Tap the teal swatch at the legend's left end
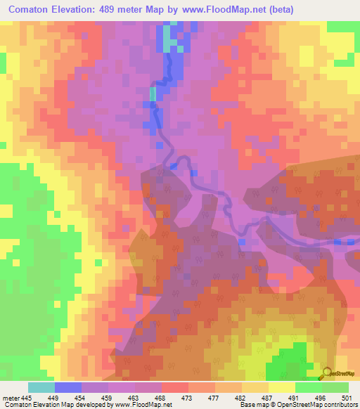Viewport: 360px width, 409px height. point(41,387)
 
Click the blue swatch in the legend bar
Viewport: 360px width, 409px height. point(67,387)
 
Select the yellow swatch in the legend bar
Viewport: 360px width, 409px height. point(281,387)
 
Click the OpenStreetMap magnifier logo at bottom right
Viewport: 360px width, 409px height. point(326,372)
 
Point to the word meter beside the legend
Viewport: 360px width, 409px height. point(11,397)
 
